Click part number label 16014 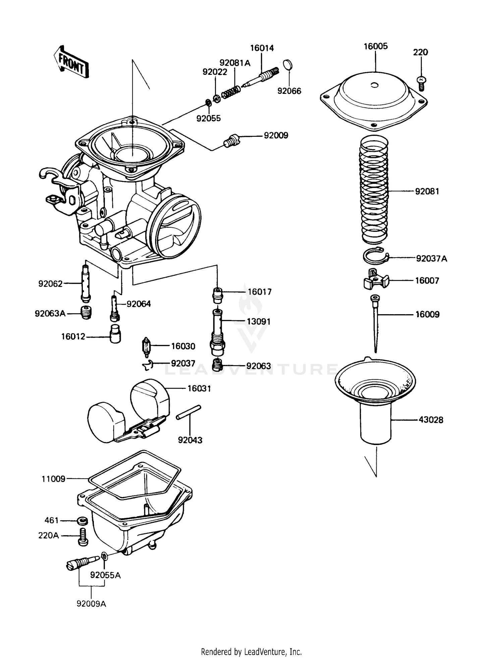coord(262,48)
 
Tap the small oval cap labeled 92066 coord(288,65)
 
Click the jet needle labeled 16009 coord(375,322)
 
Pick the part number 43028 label coord(431,420)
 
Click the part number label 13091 coord(258,321)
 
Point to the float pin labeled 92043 coord(188,412)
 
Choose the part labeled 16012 coord(115,334)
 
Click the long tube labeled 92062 coord(86,283)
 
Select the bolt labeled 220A coord(82,537)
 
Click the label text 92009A coord(91,604)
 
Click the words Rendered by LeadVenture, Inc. coord(251,652)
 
